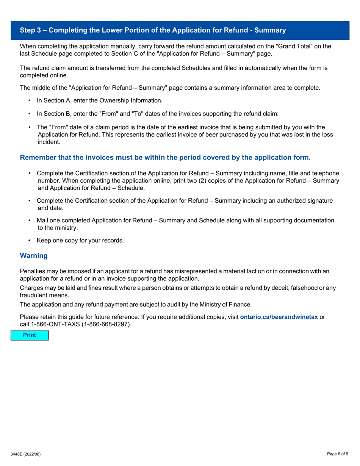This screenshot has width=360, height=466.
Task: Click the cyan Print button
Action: click(30, 335)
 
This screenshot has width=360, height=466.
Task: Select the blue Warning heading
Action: click(34, 256)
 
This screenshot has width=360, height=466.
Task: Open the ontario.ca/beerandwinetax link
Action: click(279, 317)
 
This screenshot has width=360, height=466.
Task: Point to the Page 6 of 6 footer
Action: click(338, 454)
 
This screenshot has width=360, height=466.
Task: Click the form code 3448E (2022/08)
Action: click(25, 454)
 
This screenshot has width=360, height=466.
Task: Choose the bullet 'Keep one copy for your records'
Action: click(80, 240)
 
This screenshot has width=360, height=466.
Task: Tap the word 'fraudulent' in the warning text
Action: click(34, 295)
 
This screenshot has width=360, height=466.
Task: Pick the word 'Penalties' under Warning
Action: click(32, 271)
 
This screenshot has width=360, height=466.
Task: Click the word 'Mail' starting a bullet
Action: click(43, 220)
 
